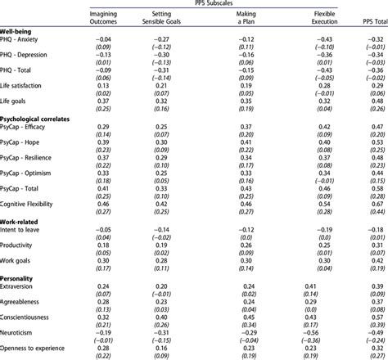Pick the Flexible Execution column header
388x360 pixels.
click(x=326, y=20)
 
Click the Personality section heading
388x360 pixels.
click(x=21, y=280)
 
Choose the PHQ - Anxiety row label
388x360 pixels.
click(x=25, y=39)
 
